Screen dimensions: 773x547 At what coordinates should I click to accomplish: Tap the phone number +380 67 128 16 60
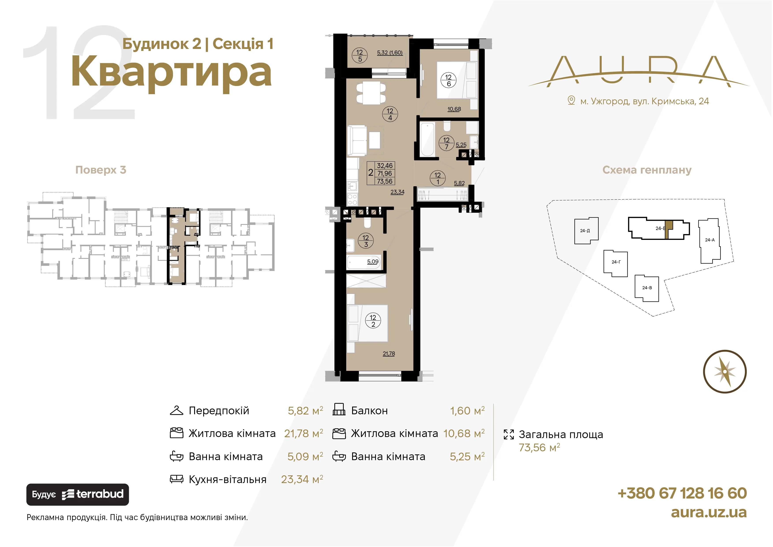682,493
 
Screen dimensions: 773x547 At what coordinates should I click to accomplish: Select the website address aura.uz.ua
709,512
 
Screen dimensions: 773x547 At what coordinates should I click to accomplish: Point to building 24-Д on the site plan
586,231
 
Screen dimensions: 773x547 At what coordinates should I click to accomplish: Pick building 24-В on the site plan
647,288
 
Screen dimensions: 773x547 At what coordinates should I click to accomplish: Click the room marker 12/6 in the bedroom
448,80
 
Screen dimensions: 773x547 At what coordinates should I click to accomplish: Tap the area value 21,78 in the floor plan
389,353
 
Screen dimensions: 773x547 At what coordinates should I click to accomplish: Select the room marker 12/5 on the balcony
360,56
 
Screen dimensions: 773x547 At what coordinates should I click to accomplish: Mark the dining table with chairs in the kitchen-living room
371,93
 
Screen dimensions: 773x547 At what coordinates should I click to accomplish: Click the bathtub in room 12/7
427,139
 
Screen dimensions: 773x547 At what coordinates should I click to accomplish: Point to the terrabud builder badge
77,495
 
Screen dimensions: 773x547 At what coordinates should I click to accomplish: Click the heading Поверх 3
101,170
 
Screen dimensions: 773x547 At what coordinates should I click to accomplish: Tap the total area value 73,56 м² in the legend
539,447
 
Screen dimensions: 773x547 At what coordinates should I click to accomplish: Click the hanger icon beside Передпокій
177,410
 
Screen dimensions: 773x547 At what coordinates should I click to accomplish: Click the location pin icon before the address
571,100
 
